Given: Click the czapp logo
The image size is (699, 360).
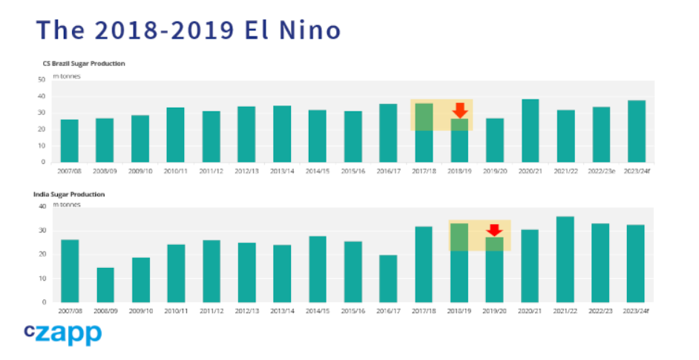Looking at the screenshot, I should (62, 333).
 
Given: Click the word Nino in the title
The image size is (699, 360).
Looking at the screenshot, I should (308, 30).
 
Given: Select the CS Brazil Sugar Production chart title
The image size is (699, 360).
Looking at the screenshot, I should (84, 64).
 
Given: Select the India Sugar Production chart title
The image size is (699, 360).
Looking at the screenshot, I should (69, 194).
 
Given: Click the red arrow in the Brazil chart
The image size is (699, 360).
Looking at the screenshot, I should (460, 111).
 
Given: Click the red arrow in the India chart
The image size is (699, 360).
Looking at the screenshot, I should (495, 230).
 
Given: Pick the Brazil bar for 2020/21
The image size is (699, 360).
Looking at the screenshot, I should (530, 131).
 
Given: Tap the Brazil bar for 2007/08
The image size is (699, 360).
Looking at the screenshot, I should (69, 141).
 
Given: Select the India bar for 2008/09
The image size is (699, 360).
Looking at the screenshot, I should (105, 285).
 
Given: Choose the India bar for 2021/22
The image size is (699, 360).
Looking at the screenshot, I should (565, 260).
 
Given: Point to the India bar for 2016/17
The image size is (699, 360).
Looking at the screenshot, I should (389, 278).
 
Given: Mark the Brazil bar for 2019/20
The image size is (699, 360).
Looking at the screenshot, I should (495, 140).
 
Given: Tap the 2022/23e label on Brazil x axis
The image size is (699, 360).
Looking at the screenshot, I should (601, 171).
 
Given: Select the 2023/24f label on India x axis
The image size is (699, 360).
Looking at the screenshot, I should (636, 311).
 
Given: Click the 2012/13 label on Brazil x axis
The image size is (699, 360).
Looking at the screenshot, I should (246, 171).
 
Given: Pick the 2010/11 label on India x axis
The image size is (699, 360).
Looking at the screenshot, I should (176, 311).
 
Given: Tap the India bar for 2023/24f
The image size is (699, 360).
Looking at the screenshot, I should (636, 264).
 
